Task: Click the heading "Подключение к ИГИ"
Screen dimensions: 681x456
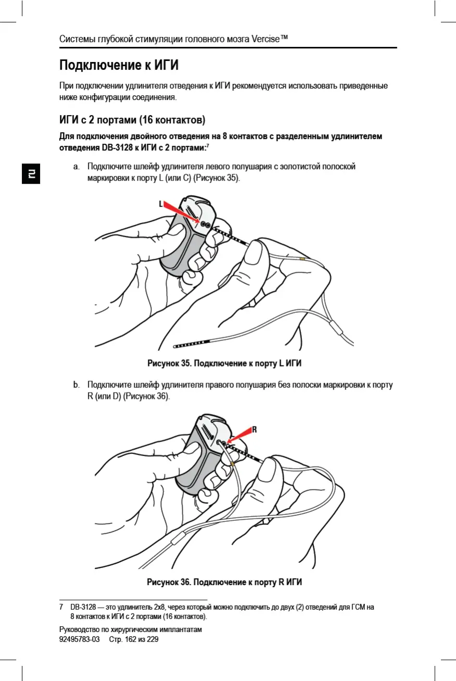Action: pyautogui.click(x=119, y=66)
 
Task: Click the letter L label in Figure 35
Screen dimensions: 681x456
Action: pyautogui.click(x=161, y=204)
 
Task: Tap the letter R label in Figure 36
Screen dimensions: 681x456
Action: pyautogui.click(x=255, y=430)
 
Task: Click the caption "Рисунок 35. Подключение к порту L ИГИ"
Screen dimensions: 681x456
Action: pyautogui.click(x=224, y=363)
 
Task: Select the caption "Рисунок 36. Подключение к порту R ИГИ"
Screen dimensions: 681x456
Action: pyautogui.click(x=224, y=582)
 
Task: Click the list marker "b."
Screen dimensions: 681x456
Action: pyautogui.click(x=76, y=386)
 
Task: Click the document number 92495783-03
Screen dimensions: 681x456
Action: pyautogui.click(x=80, y=639)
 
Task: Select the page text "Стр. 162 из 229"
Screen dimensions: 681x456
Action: pyautogui.click(x=133, y=639)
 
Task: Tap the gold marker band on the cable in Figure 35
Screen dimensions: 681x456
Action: pyautogui.click(x=302, y=259)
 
